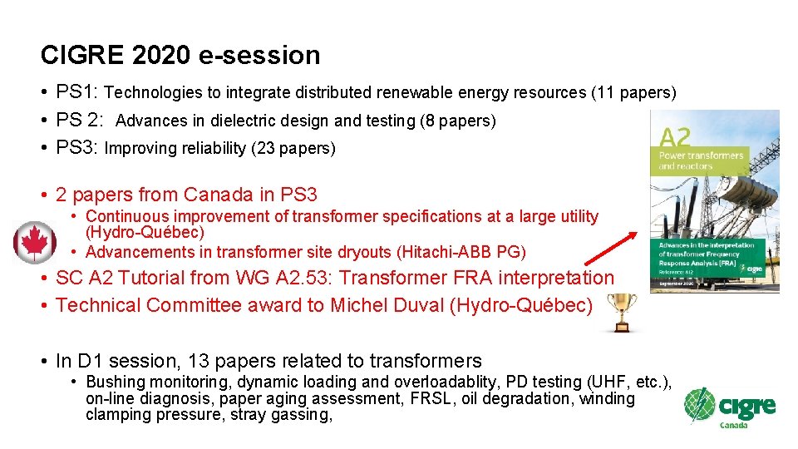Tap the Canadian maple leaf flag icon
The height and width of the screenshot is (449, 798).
35,243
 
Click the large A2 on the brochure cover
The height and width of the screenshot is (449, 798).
675,137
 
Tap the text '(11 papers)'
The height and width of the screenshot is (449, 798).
633,92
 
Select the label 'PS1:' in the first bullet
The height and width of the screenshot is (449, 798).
77,91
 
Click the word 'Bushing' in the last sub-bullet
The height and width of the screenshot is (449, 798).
116,382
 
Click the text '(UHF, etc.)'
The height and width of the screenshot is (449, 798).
629,382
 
